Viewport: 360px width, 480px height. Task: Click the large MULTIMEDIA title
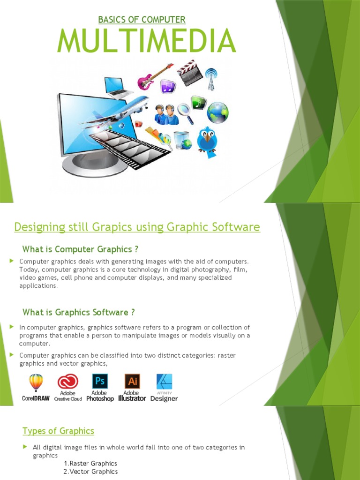[x=146, y=41]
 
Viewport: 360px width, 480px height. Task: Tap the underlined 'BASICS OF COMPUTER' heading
[x=142, y=20]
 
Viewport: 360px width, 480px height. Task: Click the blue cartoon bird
[x=207, y=139]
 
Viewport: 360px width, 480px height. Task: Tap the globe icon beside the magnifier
[x=217, y=112]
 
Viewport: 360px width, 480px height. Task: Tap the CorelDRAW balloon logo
[x=36, y=383]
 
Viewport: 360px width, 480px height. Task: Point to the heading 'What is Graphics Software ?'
[x=79, y=312]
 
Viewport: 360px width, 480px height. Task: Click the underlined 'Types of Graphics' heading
[x=59, y=431]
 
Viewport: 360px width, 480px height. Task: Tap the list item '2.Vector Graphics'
[x=90, y=472]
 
